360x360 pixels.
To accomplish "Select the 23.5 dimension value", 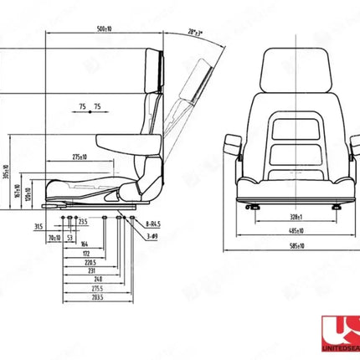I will pos(83,224).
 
